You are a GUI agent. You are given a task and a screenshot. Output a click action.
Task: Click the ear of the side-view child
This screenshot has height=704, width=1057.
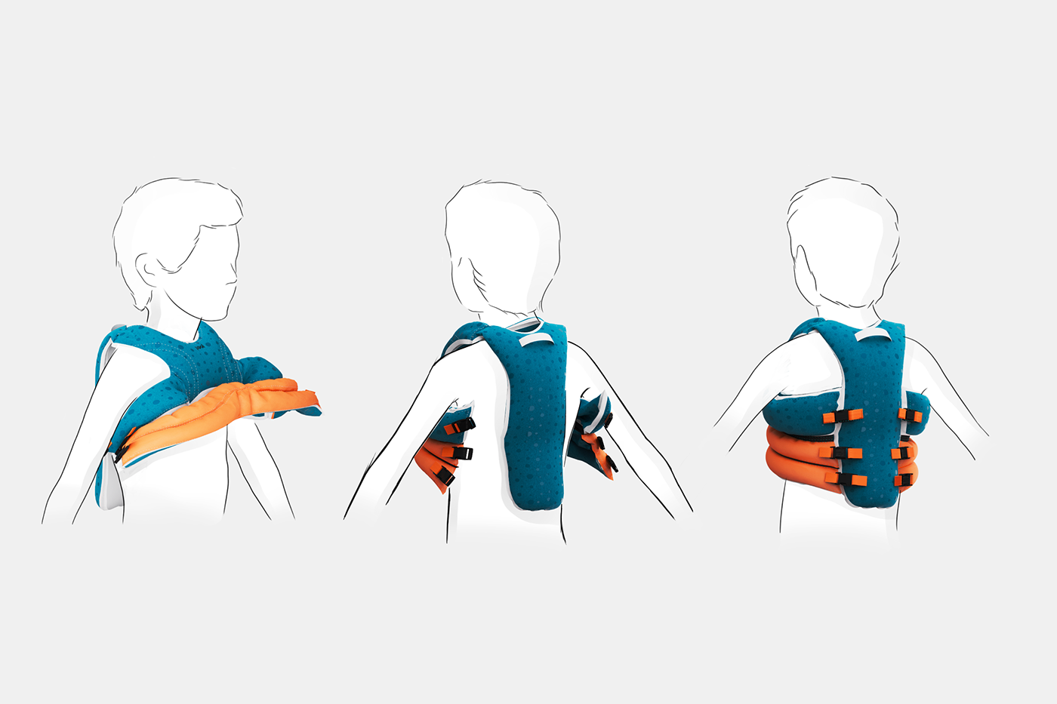147,269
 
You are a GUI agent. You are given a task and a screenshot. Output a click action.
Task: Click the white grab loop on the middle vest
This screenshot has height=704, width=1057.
533,340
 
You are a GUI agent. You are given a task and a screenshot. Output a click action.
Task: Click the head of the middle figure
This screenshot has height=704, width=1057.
502,241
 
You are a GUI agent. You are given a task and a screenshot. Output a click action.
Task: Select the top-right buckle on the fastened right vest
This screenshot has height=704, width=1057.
909,415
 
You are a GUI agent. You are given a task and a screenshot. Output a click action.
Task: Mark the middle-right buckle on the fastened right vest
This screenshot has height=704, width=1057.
903,453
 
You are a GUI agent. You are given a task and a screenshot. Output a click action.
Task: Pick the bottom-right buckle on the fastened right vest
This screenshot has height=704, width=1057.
903,480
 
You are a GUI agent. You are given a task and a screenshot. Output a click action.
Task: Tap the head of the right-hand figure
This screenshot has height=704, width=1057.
842,241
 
